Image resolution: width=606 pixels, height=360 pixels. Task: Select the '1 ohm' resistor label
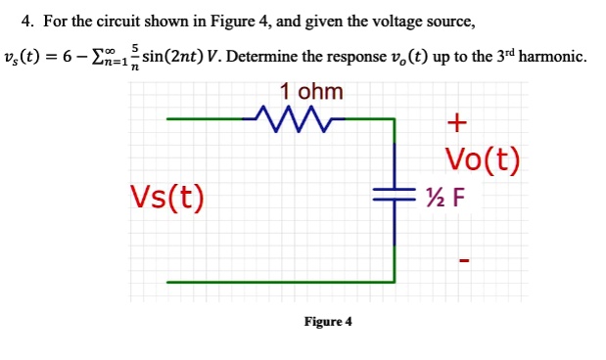(x=311, y=91)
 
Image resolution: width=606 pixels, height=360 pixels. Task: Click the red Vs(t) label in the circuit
(x=167, y=196)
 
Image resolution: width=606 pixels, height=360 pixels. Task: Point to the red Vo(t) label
(x=482, y=160)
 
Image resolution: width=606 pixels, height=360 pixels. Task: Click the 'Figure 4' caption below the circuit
(x=328, y=321)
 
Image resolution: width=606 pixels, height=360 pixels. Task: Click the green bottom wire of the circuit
(x=284, y=282)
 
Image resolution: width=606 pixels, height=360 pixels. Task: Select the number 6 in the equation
(x=69, y=56)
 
